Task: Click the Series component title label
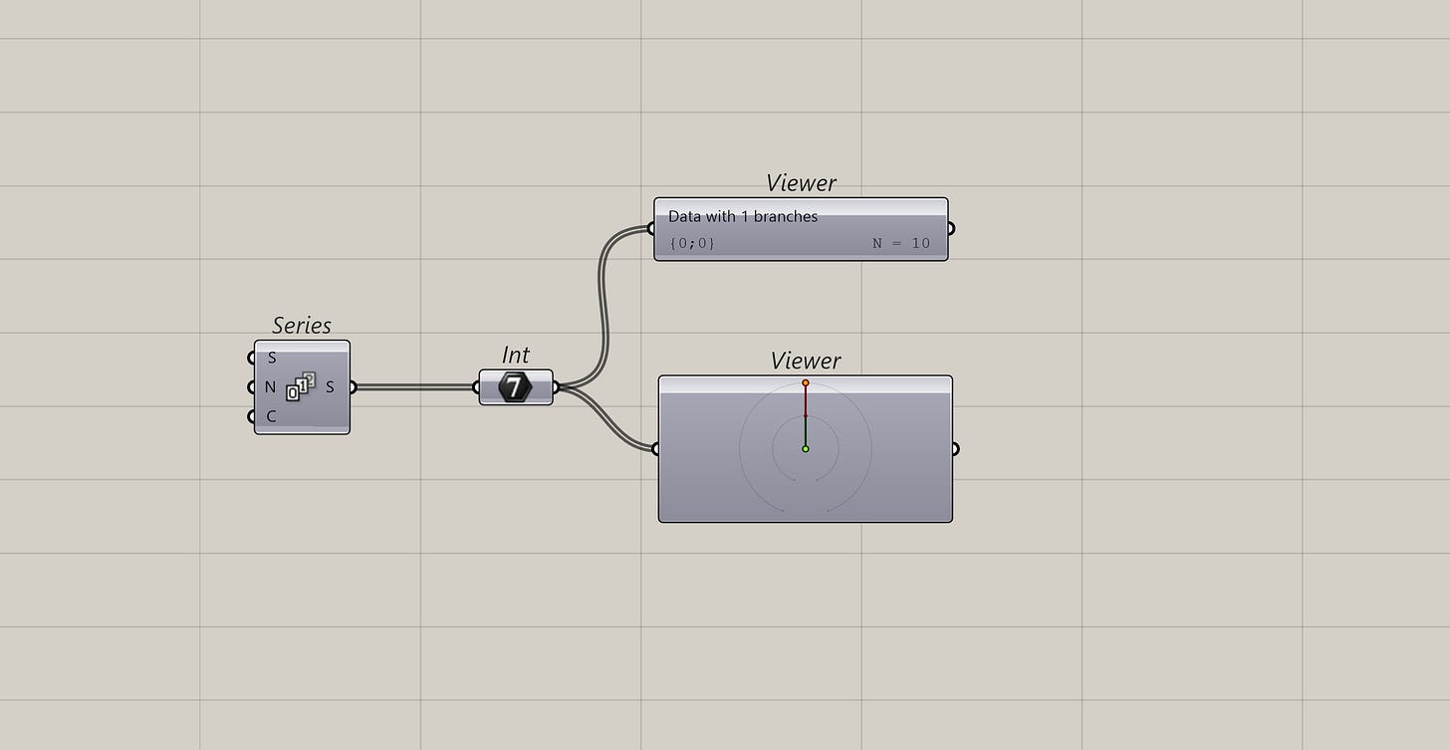click(301, 326)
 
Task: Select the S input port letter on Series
click(272, 358)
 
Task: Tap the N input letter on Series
click(271, 387)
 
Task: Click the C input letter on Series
click(271, 416)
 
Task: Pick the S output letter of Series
click(330, 387)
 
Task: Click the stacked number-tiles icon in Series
click(301, 386)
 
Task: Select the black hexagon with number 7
click(514, 387)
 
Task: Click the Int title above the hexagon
click(515, 356)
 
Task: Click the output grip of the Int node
click(555, 387)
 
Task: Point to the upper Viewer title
click(801, 183)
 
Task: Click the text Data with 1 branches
click(742, 216)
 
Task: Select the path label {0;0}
click(692, 243)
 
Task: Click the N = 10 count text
click(900, 243)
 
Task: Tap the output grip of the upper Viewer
click(950, 229)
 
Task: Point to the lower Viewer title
click(805, 361)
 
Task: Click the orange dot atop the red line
click(806, 383)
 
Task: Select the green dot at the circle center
click(806, 449)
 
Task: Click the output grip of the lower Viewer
click(955, 449)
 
